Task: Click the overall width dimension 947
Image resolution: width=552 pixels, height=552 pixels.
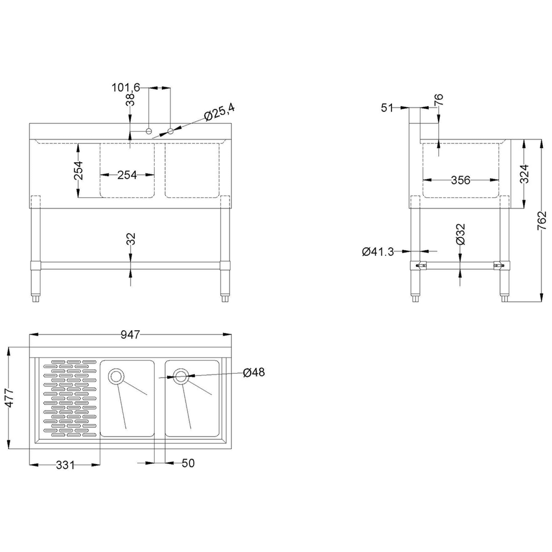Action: click(130, 335)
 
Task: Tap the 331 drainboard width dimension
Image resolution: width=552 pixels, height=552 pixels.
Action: click(65, 465)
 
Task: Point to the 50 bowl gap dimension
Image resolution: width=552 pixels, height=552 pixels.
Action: click(188, 463)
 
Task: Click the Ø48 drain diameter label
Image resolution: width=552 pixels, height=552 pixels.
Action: click(254, 372)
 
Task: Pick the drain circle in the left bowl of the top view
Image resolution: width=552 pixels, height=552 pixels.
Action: click(116, 376)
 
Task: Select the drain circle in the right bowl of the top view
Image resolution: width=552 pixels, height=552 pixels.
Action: click(181, 376)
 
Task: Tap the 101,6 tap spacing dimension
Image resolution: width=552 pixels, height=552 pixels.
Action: click(126, 87)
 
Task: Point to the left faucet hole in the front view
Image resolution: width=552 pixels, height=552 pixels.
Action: click(148, 131)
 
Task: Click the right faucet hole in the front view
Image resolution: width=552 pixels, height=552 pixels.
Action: click(171, 131)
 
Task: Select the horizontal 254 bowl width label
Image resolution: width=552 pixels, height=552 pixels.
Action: click(127, 175)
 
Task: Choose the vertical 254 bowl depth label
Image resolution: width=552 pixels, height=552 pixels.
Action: click(78, 171)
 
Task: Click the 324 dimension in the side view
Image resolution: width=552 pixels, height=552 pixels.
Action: click(524, 173)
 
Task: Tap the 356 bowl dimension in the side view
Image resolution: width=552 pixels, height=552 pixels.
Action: click(461, 180)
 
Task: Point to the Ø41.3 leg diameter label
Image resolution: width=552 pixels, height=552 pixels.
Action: click(378, 251)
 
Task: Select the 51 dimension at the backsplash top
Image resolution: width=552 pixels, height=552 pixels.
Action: click(387, 108)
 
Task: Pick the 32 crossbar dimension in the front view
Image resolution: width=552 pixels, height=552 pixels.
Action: click(131, 239)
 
